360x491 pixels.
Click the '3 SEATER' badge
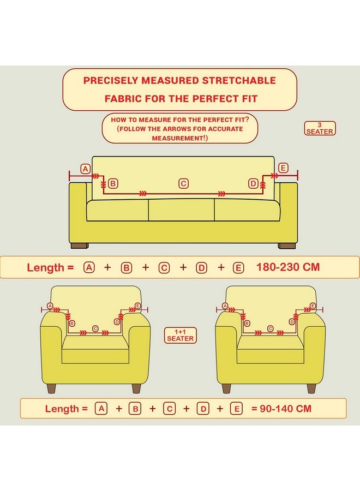click(320, 128)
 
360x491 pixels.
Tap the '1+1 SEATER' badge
click(181, 336)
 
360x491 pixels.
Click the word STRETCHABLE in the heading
click(239, 81)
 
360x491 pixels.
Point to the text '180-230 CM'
click(288, 267)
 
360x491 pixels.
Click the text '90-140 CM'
click(285, 409)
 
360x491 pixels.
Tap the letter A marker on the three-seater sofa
click(86, 169)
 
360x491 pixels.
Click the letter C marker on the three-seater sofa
click(183, 183)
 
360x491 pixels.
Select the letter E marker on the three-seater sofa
click(283, 168)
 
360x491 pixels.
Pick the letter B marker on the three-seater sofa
click(113, 183)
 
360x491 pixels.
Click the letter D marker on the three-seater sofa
click(253, 183)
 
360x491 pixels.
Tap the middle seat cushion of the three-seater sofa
click(181, 210)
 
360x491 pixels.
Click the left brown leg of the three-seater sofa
click(80, 246)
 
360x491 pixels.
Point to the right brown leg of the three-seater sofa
click(287, 246)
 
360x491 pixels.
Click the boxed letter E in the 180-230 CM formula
click(238, 268)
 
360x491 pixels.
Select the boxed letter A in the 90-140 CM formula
click(101, 409)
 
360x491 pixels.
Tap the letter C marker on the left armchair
click(95, 328)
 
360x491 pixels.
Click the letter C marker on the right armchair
click(271, 328)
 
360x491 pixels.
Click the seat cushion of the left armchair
click(95, 349)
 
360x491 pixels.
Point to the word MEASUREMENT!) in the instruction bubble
click(179, 138)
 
